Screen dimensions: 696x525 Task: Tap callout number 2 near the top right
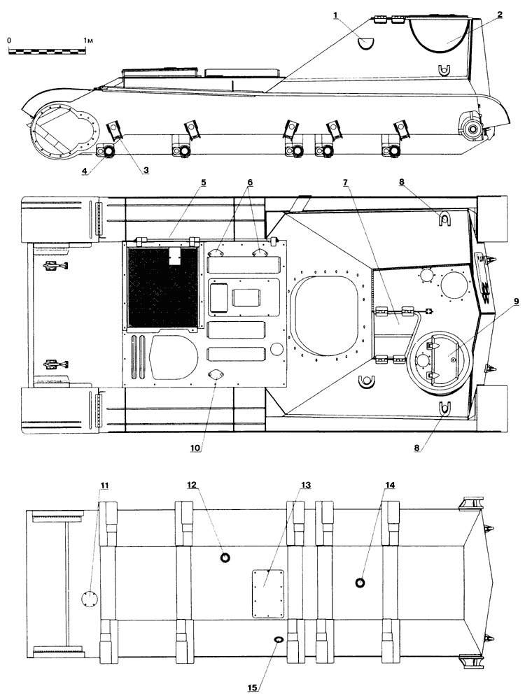[x=500, y=15]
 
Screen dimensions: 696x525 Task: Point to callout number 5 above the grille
[x=203, y=183]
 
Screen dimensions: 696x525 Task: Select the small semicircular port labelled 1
[x=367, y=42]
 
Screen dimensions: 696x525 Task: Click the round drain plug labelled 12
[x=226, y=557]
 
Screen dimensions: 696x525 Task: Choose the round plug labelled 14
[x=360, y=583]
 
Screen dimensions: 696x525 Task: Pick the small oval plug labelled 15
[x=279, y=639]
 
